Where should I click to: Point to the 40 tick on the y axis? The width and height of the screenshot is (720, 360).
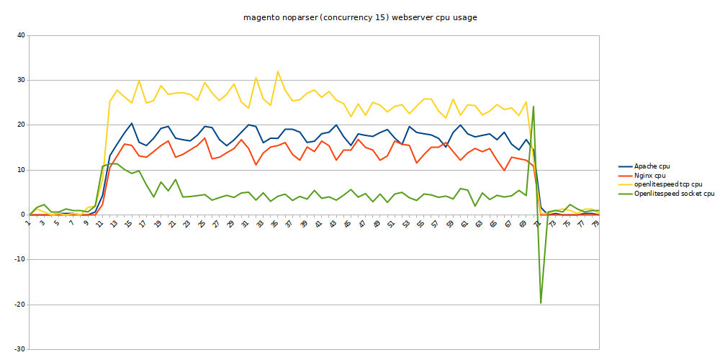(20, 35)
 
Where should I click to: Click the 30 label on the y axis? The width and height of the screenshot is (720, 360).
(20, 80)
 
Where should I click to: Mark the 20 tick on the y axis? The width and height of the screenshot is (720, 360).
(20, 125)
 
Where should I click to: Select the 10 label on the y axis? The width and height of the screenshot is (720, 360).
(20, 170)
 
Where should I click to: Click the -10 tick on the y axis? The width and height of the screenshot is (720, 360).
(19, 259)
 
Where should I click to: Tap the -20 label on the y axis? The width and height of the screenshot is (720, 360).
(19, 305)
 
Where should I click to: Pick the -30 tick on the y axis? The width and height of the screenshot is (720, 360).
(19, 349)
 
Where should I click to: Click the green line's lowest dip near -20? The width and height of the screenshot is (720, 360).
(541, 303)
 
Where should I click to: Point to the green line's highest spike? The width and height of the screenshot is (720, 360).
(533, 107)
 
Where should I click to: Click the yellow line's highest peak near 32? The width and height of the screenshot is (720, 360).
(278, 71)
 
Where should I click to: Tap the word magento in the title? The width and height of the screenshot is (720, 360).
(260, 16)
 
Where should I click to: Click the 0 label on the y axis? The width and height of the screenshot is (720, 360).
(22, 215)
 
